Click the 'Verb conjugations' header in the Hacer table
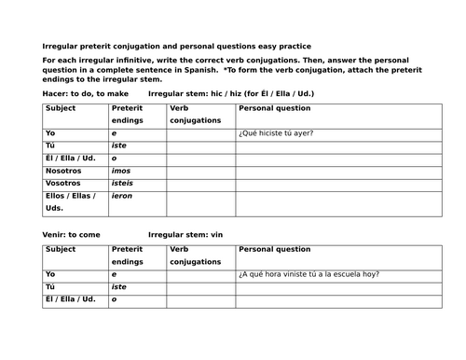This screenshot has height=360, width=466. coord(195,114)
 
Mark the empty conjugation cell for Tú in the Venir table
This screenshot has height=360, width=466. coord(199,286)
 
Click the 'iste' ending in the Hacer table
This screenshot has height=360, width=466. coord(119,145)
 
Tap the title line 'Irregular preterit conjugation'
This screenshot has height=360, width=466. coord(177,46)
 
